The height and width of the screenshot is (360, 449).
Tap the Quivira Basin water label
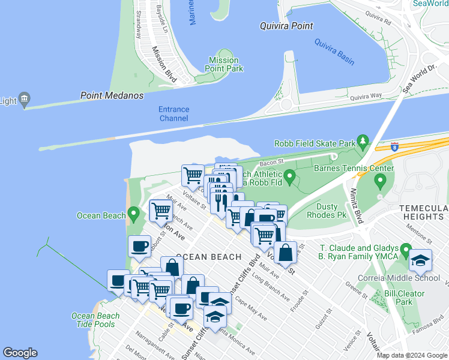click(x=334, y=52)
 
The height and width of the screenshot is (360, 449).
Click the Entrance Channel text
click(x=173, y=114)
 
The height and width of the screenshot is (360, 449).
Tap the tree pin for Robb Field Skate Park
click(x=363, y=142)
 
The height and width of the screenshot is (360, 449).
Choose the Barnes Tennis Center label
click(x=354, y=168)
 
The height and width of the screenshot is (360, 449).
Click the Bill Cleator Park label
click(x=405, y=298)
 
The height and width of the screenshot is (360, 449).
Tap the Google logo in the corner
click(x=20, y=353)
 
